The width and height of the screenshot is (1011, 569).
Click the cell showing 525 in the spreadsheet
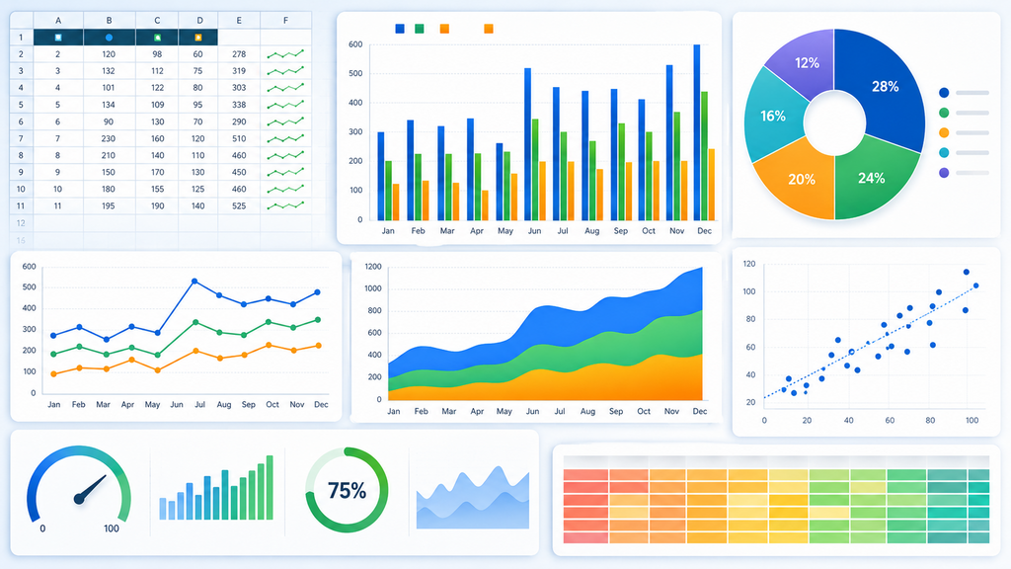tap(239, 205)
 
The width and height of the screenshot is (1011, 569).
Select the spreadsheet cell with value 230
tap(109, 138)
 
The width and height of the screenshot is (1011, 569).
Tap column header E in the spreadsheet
tap(239, 21)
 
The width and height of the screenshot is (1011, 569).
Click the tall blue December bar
tap(697, 132)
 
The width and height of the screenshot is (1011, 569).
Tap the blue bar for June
tap(528, 144)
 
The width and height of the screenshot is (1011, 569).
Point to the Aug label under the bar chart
tap(591, 231)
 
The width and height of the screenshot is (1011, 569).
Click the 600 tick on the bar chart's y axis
tap(355, 44)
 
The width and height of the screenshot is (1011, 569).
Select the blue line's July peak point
tap(194, 282)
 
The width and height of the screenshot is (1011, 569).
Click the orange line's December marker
tap(319, 346)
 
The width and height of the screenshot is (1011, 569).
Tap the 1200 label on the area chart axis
tap(373, 267)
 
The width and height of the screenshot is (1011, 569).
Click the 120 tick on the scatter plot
tap(749, 264)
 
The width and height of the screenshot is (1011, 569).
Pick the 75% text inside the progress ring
tap(347, 491)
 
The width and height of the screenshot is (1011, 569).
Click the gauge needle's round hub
tap(79, 499)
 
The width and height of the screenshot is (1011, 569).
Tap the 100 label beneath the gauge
tap(112, 528)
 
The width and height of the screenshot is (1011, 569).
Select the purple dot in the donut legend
tap(944, 173)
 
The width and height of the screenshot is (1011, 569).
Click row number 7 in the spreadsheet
tap(21, 138)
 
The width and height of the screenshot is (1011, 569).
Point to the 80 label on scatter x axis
tap(930, 420)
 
